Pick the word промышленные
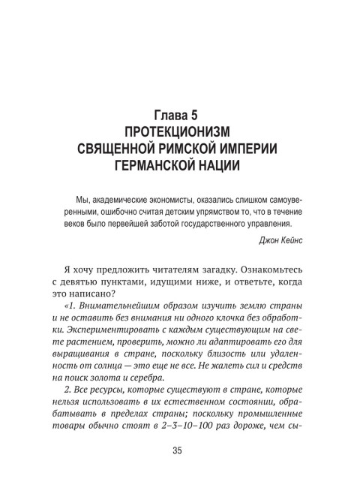coord(269,419)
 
